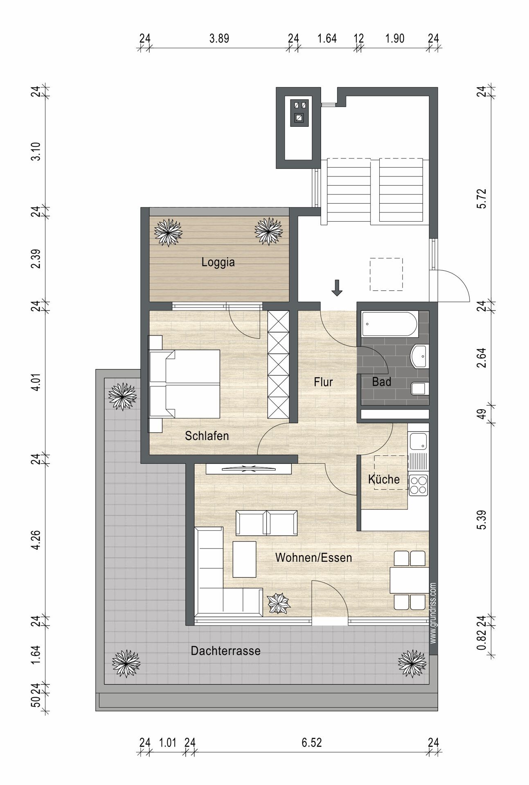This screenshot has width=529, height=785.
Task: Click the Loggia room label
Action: pos(218,262)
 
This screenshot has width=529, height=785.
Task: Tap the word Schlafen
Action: pos(207,436)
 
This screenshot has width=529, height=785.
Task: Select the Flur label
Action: pos(323,382)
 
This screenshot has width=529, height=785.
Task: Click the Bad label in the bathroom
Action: pos(381,382)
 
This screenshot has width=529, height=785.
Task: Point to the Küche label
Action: pos(384,479)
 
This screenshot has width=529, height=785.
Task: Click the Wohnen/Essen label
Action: pos(313,558)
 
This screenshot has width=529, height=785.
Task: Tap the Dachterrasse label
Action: pos(225,651)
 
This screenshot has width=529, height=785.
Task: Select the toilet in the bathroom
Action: pos(420,389)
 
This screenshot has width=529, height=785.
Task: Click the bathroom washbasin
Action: pos(419,356)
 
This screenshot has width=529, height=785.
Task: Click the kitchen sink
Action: pos(419,442)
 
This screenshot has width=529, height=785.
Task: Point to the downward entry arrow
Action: pos(337,287)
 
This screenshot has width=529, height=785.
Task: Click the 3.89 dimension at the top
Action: pos(219,38)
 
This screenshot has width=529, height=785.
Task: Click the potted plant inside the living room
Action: pos(278,603)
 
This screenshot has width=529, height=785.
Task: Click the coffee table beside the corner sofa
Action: pos(244,559)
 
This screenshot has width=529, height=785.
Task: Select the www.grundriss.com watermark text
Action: pos(433,613)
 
